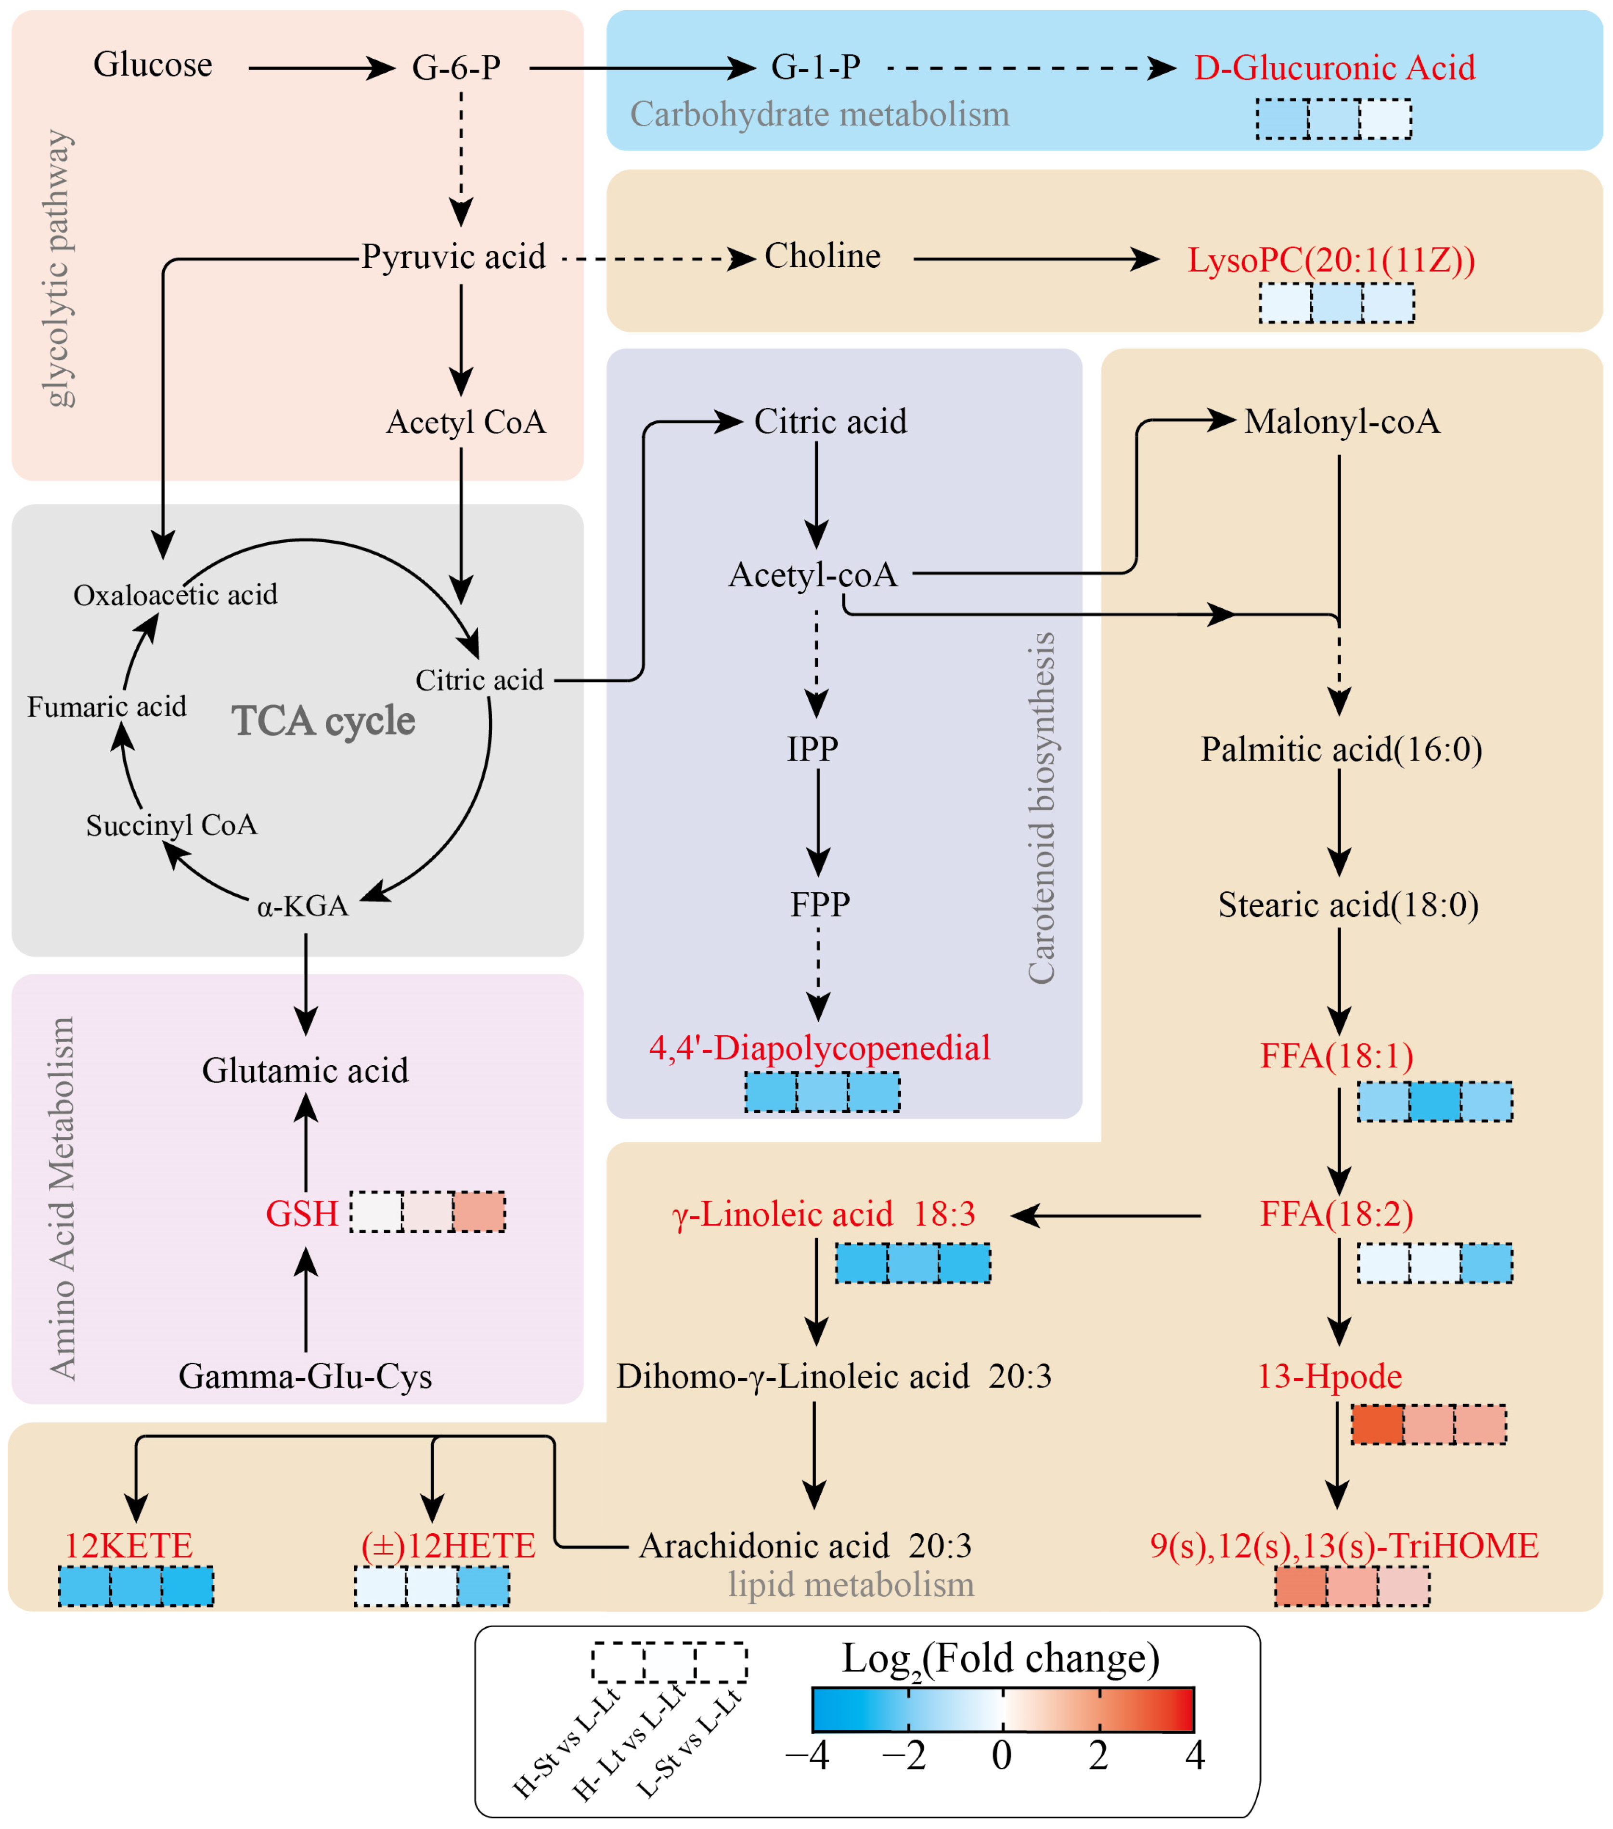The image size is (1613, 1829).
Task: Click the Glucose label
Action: tap(153, 65)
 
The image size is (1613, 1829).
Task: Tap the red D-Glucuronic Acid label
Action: tap(1334, 68)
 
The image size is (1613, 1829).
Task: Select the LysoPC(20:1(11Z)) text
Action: tap(1330, 261)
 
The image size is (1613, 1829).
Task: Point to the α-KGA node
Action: tap(302, 906)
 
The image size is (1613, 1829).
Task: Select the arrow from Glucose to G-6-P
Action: tap(320, 68)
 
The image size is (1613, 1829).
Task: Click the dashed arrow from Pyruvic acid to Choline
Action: tap(658, 260)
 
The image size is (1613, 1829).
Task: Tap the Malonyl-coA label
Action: tap(1342, 421)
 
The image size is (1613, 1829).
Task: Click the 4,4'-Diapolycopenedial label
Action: tap(819, 1048)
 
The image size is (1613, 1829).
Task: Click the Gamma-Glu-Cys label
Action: tap(305, 1376)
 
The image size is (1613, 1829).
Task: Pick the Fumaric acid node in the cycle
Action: tap(106, 707)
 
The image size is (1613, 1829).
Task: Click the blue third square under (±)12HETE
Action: tap(483, 1586)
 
